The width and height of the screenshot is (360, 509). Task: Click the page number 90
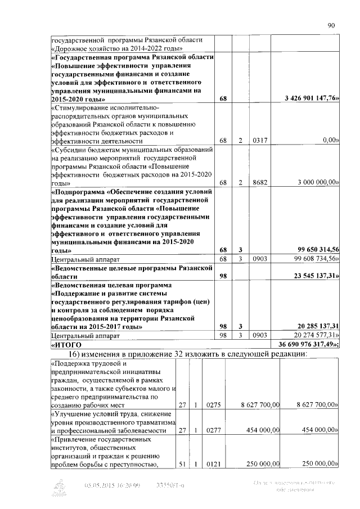331,25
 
